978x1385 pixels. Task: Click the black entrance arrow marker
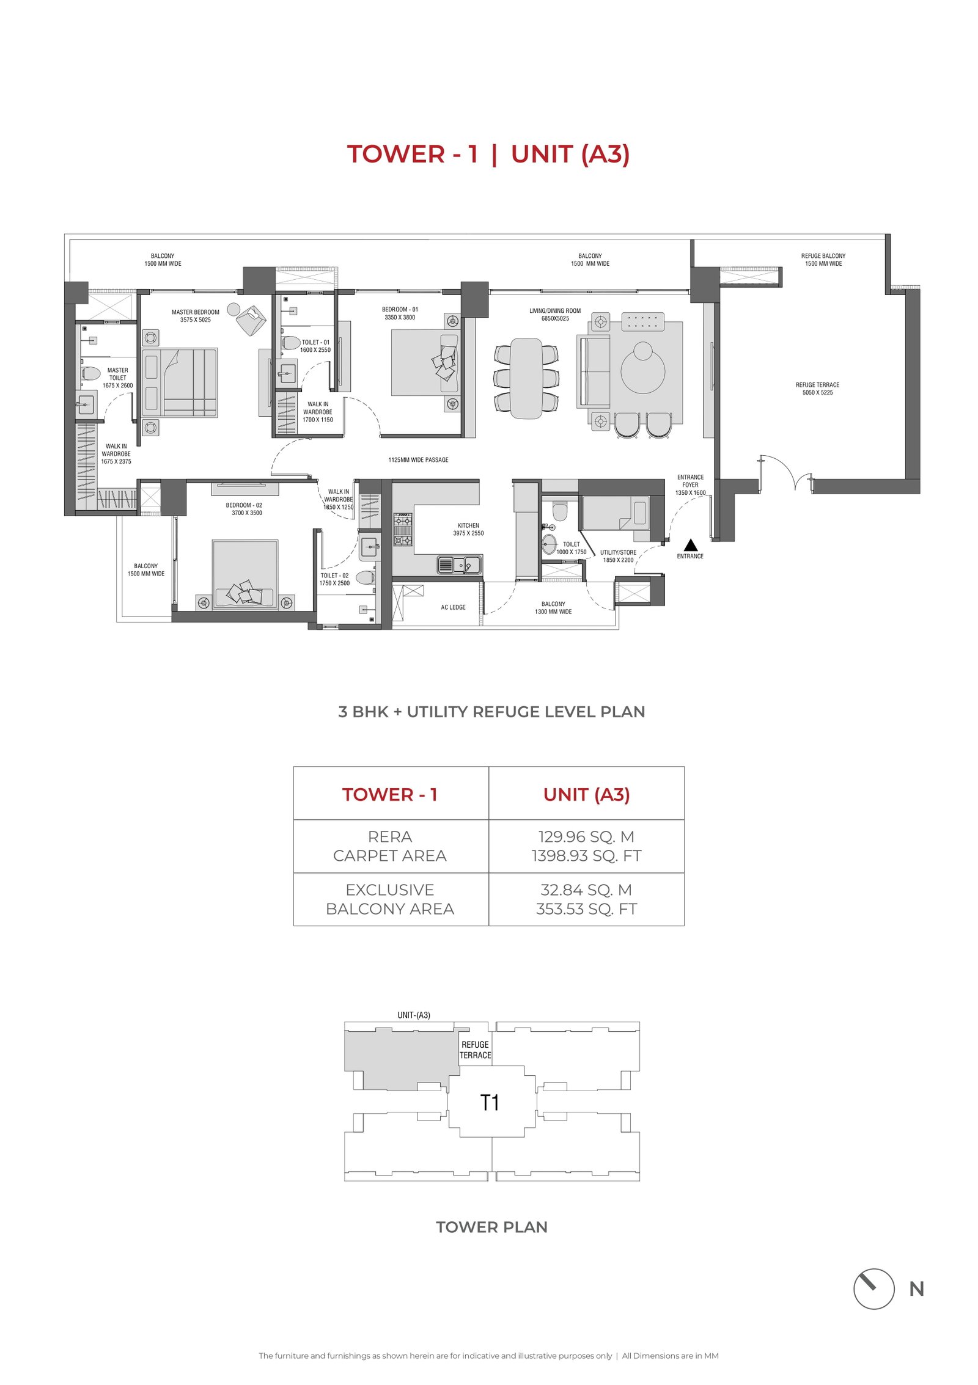point(690,544)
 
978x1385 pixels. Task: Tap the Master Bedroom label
point(196,312)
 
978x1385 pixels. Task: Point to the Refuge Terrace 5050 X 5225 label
point(817,389)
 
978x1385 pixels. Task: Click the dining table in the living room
point(526,378)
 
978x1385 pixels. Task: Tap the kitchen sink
point(459,565)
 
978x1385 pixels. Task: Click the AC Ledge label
point(453,607)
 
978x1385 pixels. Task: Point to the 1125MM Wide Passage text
point(418,460)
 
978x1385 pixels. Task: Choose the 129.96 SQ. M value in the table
point(586,836)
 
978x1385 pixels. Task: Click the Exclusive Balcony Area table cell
point(391,899)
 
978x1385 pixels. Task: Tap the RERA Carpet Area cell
point(391,846)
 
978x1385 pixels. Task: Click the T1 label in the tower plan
point(490,1103)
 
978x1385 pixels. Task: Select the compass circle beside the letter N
point(873,1288)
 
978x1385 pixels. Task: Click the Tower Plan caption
point(491,1227)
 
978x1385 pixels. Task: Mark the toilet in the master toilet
point(90,373)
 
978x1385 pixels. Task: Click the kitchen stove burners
point(402,530)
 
